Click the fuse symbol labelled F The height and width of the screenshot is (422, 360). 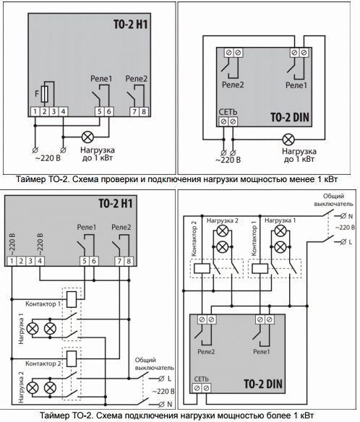click(45, 94)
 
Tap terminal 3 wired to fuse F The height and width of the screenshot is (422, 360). click(53, 111)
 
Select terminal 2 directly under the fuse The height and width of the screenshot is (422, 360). click(45, 111)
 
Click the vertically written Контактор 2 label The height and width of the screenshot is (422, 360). click(194, 238)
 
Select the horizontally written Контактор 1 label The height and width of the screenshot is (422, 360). click(43, 304)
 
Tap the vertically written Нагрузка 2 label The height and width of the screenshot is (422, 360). click(21, 387)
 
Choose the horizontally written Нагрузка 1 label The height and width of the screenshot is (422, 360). click(280, 220)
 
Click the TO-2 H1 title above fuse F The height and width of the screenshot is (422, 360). click(130, 25)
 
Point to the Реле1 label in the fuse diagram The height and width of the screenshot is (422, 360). click(101, 79)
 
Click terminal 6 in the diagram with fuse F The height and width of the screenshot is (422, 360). click(108, 111)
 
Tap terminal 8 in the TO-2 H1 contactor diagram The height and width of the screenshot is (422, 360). click(129, 261)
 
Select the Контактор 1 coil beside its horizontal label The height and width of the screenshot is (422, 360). click(72, 299)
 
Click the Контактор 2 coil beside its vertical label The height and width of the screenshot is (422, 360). click(202, 268)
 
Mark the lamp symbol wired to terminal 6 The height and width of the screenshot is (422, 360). click(87, 137)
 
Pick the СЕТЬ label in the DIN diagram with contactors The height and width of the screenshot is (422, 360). click(201, 379)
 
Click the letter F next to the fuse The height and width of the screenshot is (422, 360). click(37, 94)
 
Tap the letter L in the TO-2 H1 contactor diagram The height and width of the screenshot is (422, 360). click(169, 379)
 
